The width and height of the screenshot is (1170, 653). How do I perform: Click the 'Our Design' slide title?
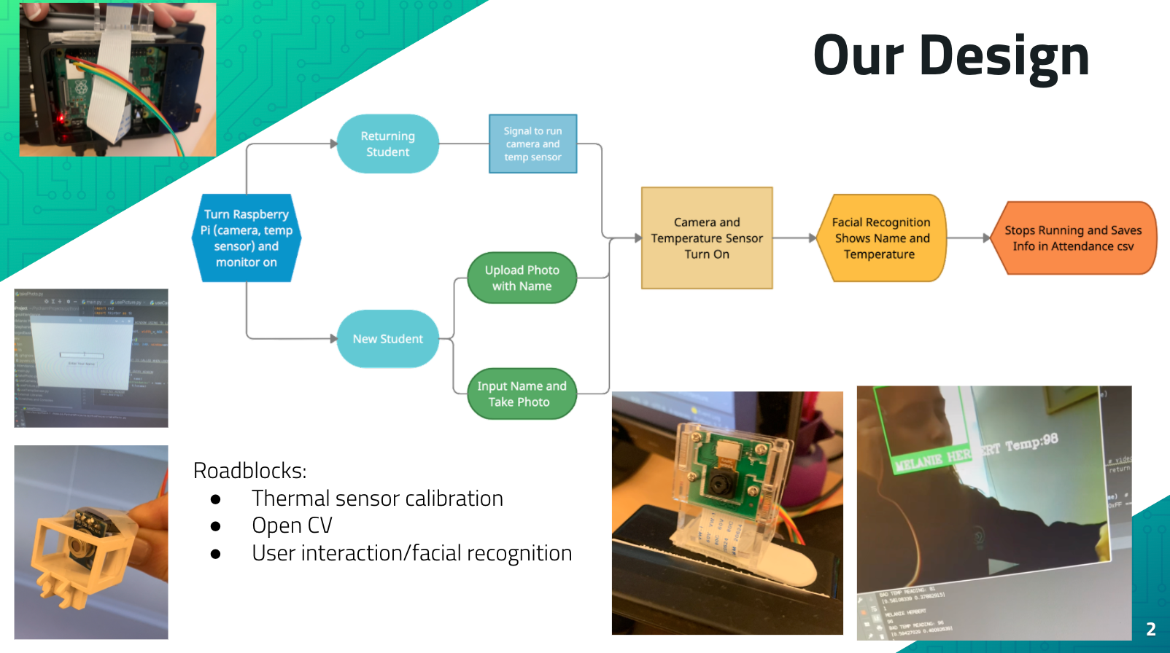[x=950, y=56]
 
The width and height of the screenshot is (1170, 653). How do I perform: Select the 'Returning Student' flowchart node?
[x=387, y=144]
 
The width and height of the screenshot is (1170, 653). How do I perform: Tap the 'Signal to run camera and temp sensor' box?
[x=532, y=144]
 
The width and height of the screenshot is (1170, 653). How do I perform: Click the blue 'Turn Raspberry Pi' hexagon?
[x=247, y=238]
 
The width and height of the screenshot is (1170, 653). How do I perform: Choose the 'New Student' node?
[x=387, y=339]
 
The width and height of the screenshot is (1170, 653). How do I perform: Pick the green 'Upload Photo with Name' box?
[x=522, y=278]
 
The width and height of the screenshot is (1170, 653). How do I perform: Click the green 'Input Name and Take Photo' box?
[x=522, y=394]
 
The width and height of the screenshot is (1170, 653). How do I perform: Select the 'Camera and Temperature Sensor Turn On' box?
[x=706, y=238]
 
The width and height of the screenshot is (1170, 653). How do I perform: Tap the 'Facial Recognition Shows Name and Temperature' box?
[x=881, y=238]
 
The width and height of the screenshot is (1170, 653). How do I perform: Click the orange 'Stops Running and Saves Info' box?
[x=1073, y=238]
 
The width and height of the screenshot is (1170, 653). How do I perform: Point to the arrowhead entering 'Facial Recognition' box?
[x=813, y=238]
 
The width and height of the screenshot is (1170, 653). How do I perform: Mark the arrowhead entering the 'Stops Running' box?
[x=987, y=238]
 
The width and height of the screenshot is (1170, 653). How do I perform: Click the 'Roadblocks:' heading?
[x=249, y=471]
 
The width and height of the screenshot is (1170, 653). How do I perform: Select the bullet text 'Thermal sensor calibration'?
[x=377, y=498]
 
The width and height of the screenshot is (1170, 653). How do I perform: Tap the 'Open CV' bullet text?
[x=292, y=525]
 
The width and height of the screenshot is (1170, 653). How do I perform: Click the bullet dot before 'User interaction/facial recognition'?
[x=215, y=554]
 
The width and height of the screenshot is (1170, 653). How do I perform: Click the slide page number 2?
[x=1150, y=629]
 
